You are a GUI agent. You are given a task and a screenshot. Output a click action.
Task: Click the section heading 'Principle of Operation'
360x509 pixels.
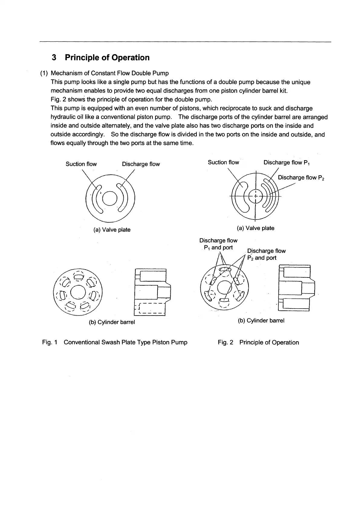[107, 57]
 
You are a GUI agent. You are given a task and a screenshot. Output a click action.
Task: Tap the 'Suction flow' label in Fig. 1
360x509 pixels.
[81, 164]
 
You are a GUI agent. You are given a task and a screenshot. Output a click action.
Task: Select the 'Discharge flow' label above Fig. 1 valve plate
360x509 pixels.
[141, 164]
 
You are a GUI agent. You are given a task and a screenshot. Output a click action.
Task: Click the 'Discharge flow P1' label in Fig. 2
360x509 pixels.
[287, 163]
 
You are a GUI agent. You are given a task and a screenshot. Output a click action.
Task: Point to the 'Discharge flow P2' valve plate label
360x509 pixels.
[301, 178]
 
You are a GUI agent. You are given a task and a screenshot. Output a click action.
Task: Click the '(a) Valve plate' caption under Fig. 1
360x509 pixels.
[112, 230]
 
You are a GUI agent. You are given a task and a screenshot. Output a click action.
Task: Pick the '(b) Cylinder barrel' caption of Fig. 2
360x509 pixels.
[261, 320]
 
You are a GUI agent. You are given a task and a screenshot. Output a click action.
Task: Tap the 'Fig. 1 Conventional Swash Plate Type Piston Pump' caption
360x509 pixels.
[115, 342]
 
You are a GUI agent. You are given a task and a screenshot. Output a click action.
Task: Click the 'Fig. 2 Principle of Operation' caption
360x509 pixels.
[258, 342]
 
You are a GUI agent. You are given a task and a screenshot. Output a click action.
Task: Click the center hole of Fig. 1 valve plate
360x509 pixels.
[110, 199]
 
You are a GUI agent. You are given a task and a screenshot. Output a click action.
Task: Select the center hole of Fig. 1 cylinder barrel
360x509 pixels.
[78, 293]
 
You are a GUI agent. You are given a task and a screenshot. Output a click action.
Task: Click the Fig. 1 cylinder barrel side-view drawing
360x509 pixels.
[152, 292]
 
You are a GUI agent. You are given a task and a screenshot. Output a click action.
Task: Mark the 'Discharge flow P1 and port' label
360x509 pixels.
[218, 244]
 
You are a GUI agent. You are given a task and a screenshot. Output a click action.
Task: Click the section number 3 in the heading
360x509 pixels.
[54, 57]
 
